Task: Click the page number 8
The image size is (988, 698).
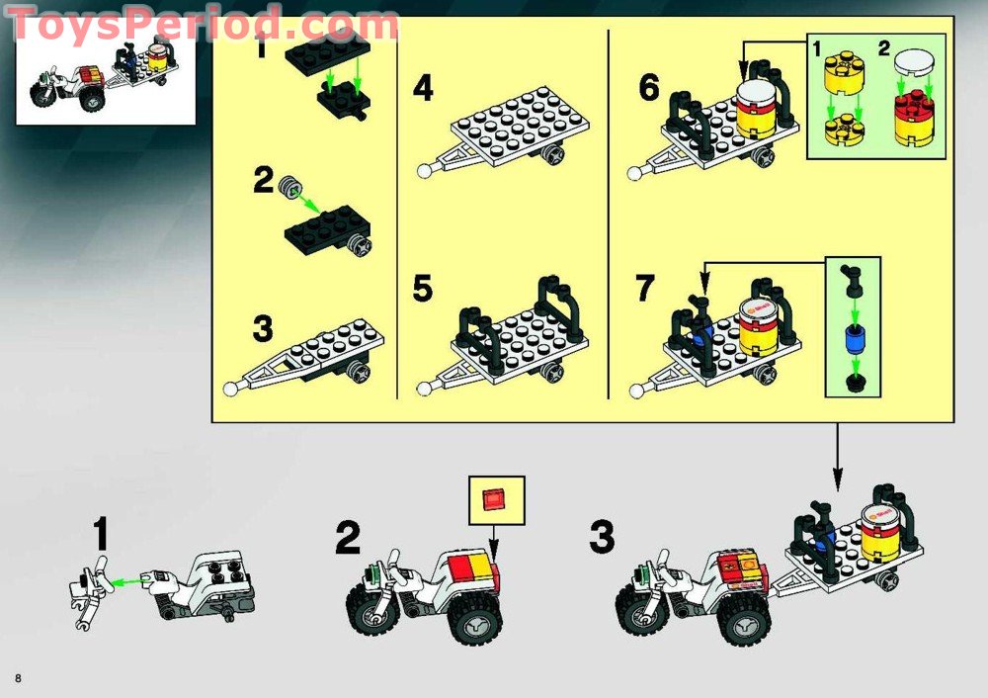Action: pyautogui.click(x=18, y=678)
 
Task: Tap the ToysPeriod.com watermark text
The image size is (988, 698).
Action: pyautogui.click(x=203, y=26)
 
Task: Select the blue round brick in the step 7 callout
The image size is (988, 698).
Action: pyautogui.click(x=854, y=339)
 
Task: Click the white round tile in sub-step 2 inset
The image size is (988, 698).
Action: pyautogui.click(x=913, y=63)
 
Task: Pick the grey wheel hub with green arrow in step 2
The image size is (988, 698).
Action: pyautogui.click(x=291, y=187)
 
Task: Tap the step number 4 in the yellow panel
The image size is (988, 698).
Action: pyautogui.click(x=423, y=88)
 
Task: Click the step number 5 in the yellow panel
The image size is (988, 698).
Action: pyautogui.click(x=423, y=288)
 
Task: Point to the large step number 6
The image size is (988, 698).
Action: pyautogui.click(x=649, y=87)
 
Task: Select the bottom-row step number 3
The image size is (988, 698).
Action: pyautogui.click(x=602, y=537)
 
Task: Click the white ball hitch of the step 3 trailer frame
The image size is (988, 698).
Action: pyautogui.click(x=231, y=389)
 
